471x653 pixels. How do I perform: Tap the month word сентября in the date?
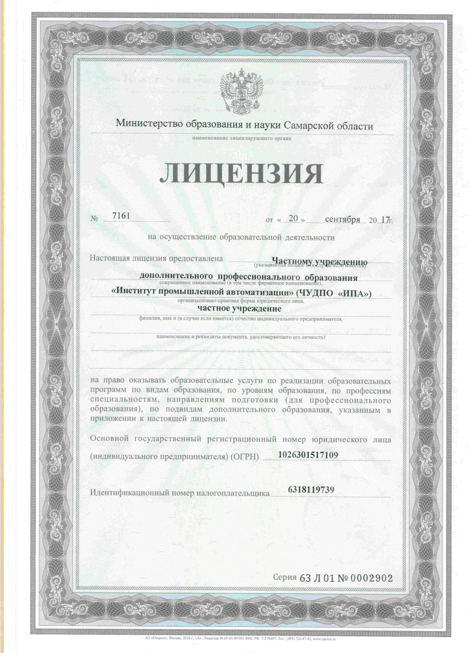(342, 219)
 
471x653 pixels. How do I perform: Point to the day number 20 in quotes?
(293, 219)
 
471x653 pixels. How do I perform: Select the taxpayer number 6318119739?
(311, 489)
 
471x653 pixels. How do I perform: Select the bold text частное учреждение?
(239, 309)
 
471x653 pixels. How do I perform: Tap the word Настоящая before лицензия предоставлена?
(109, 258)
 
